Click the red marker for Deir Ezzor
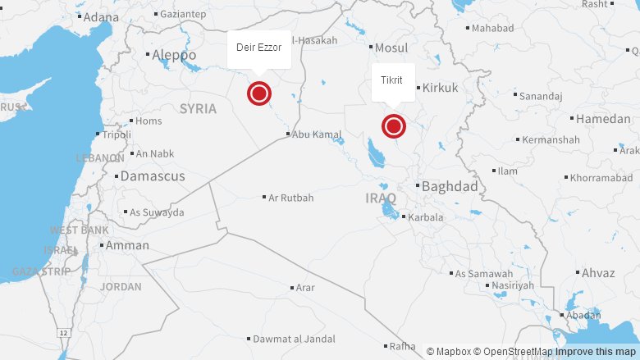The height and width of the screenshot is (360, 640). click(259, 93)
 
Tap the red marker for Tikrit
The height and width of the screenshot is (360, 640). click(394, 126)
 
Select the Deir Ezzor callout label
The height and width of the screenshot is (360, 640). click(259, 48)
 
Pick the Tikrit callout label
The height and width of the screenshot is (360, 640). click(392, 80)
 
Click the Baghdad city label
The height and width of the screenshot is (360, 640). click(450, 187)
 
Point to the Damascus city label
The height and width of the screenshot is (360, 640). click(153, 176)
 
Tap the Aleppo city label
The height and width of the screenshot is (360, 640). click(174, 55)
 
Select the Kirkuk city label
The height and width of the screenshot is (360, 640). click(440, 87)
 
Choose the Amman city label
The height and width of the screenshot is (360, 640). click(127, 245)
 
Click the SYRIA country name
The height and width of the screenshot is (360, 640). click(198, 109)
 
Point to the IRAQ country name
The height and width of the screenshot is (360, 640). click(381, 198)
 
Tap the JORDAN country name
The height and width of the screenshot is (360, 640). click(121, 287)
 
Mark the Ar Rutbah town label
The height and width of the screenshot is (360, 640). click(291, 198)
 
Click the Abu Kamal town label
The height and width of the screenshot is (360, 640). click(317, 134)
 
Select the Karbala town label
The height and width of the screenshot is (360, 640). click(425, 217)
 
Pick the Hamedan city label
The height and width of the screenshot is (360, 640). click(603, 119)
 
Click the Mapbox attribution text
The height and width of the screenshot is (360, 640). click(452, 352)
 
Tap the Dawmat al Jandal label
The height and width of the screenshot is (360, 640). click(294, 339)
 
